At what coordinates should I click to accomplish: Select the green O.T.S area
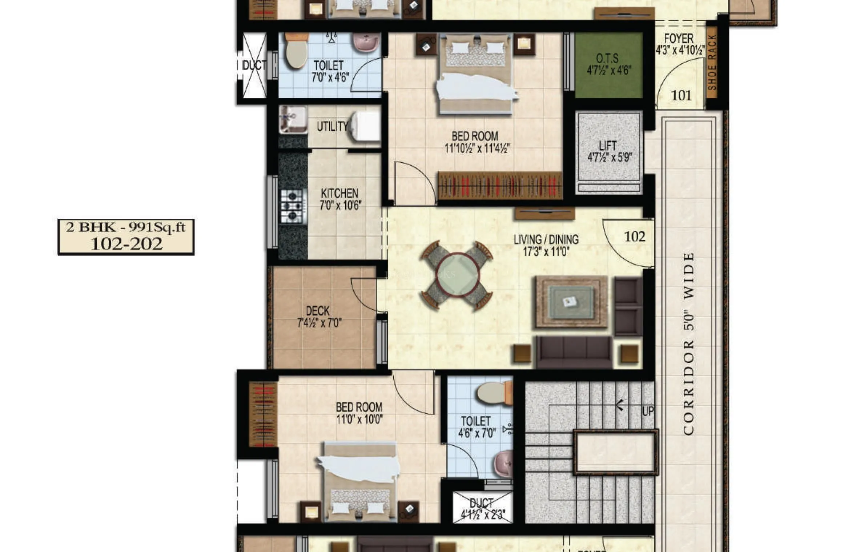pyautogui.click(x=608, y=65)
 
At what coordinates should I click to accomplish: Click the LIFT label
pyautogui.click(x=608, y=146)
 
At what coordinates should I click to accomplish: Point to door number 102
pyautogui.click(x=635, y=237)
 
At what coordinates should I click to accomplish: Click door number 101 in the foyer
pyautogui.click(x=681, y=96)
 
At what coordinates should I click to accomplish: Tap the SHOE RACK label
pyautogui.click(x=712, y=63)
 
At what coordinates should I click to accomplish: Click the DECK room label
pyautogui.click(x=318, y=311)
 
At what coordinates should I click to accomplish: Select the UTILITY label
pyautogui.click(x=332, y=127)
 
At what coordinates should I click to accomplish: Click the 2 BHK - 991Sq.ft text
pyautogui.click(x=126, y=228)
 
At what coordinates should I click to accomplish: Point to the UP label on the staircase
pyautogui.click(x=647, y=412)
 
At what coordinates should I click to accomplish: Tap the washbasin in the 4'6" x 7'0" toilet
pyautogui.click(x=504, y=464)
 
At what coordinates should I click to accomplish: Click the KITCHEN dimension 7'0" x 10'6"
pyautogui.click(x=341, y=206)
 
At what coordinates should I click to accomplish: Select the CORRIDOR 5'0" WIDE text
pyautogui.click(x=688, y=344)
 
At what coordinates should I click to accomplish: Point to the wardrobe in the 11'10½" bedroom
pyautogui.click(x=500, y=185)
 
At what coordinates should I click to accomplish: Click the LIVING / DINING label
pyautogui.click(x=546, y=239)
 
